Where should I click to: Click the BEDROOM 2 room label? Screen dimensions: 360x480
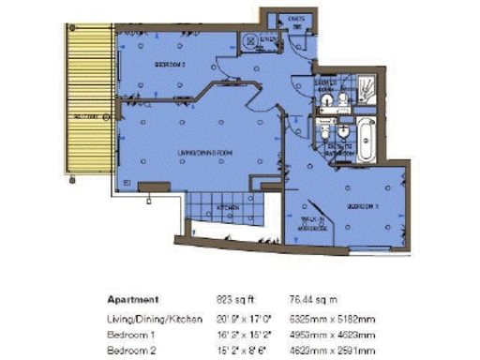coord(171,65)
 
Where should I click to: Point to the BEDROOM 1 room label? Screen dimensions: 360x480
coord(362,205)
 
